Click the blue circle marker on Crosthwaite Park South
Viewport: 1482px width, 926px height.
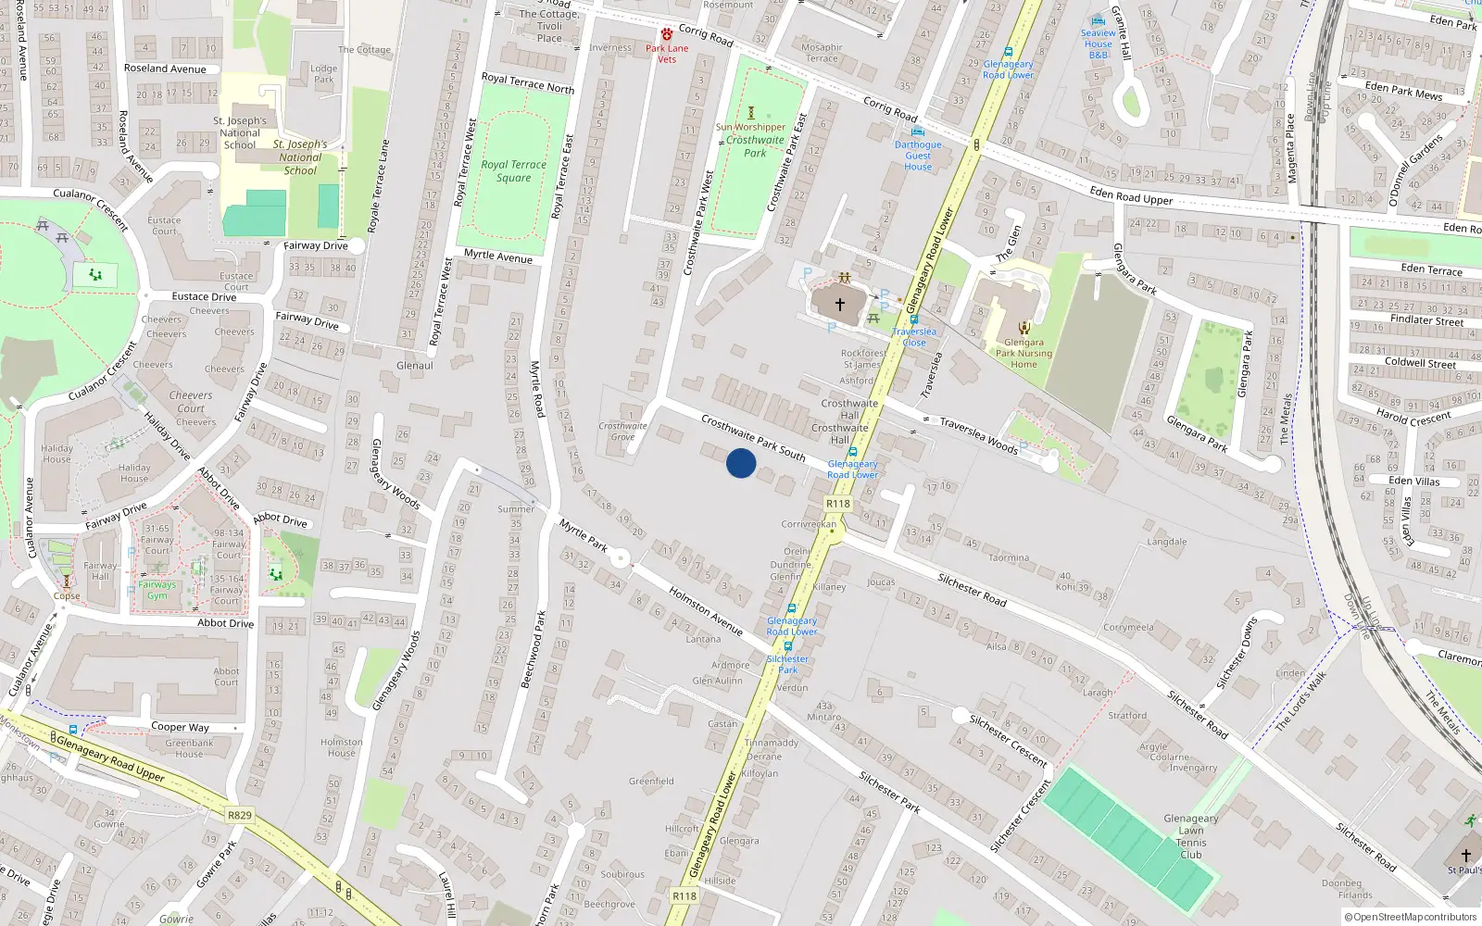coord(741,463)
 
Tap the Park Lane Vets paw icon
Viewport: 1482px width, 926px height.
coord(666,34)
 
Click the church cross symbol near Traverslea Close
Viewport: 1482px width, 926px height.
coord(840,304)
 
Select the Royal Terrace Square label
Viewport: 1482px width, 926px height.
coord(514,171)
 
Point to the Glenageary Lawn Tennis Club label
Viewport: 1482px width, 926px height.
coord(1191,836)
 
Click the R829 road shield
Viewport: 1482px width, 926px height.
coord(240,815)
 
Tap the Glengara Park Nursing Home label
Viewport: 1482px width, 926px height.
coord(1024,353)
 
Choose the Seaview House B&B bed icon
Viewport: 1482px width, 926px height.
coord(1099,19)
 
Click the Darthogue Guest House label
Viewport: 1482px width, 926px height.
coord(918,156)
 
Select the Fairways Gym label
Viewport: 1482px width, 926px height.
coord(157,590)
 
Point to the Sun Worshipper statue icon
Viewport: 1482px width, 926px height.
coord(751,113)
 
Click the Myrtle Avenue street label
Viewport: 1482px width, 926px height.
coord(498,257)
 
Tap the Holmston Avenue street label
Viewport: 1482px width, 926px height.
coord(706,611)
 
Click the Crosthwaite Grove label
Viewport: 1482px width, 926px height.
coord(622,432)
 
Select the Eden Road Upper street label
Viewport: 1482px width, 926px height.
coord(1131,195)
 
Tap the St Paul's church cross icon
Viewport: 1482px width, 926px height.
coord(1466,855)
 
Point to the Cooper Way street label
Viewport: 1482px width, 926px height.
coord(180,727)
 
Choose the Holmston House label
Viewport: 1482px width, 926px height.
coord(342,747)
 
